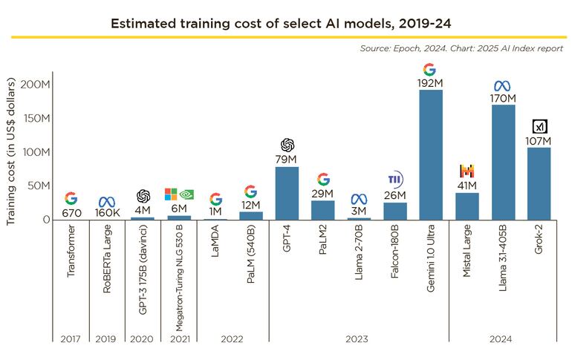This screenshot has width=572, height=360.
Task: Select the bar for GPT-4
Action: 287,193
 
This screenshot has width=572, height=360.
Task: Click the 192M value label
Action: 430,83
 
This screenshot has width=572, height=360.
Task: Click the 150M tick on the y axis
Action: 35,118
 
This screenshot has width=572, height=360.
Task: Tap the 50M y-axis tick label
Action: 38,186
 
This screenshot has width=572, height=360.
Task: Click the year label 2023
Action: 358,338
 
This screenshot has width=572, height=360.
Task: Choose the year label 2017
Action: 70,338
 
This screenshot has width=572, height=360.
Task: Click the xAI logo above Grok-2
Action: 539,126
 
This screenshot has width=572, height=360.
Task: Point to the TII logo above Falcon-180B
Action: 395,180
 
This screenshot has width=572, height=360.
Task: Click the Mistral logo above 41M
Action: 467,171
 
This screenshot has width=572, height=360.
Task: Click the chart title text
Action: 286,22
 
